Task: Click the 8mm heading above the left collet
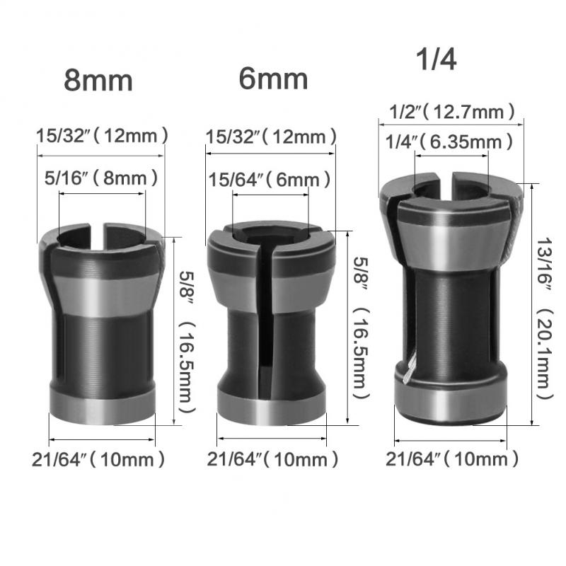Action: click(98, 81)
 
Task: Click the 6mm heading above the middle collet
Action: click(273, 79)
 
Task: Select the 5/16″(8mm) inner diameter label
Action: click(102, 176)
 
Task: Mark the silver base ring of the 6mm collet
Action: click(272, 407)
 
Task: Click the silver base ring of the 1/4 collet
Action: click(450, 404)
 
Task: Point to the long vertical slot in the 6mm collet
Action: click(263, 311)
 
